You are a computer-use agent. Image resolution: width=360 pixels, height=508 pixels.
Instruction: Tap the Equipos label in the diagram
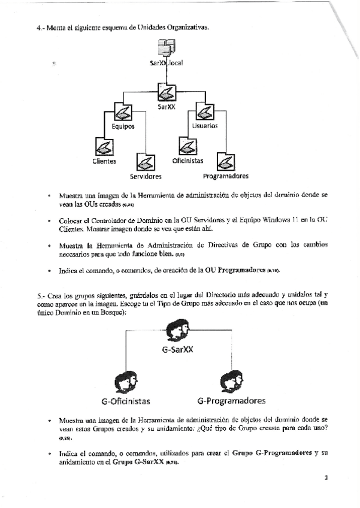[x=123, y=126]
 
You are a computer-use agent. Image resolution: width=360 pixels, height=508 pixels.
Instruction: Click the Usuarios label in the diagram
[x=205, y=126]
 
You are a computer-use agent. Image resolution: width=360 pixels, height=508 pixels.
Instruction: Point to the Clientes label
[x=104, y=161]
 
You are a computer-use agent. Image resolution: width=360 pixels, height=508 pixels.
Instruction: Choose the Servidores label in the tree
[x=146, y=177]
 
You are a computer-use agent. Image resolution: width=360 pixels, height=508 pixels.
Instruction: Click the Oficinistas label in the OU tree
[x=187, y=161]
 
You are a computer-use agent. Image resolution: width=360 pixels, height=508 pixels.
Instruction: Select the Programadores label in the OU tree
[x=226, y=176]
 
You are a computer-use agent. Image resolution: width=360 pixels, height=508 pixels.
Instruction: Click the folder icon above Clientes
[x=104, y=146]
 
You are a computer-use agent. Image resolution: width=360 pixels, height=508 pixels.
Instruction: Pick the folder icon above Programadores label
[x=226, y=161]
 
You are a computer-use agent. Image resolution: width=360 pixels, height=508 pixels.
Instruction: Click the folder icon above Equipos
[x=122, y=111]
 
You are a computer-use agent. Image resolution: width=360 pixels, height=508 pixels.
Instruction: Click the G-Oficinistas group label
[x=126, y=401]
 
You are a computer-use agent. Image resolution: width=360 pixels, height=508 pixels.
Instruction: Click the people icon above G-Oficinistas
[x=126, y=382]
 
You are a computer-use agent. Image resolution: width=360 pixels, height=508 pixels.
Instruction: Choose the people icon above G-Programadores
[x=231, y=382]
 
